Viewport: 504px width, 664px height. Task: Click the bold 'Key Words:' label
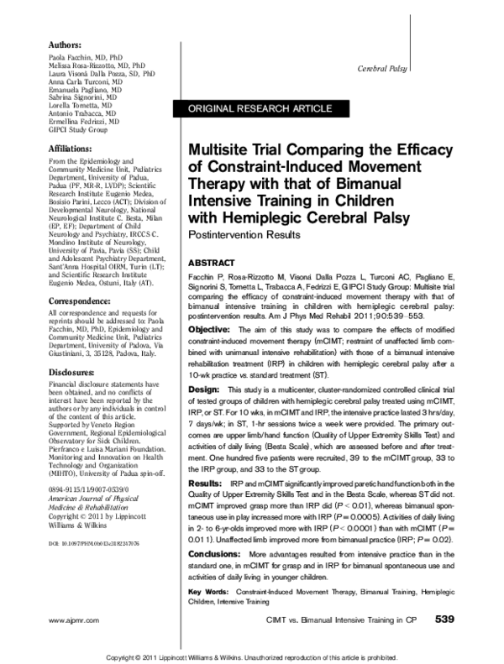click(209, 593)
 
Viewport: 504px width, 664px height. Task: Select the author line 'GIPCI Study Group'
click(77, 129)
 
